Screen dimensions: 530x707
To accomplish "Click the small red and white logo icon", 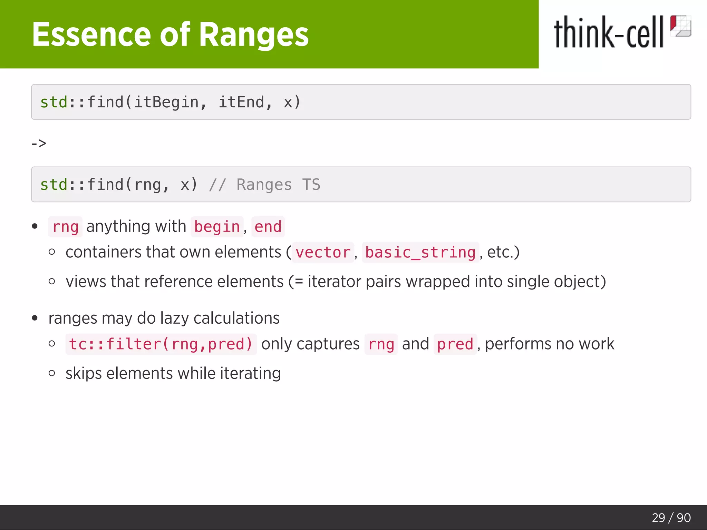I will pyautogui.click(x=680, y=26).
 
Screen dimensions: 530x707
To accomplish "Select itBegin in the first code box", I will pyautogui.click(x=166, y=102).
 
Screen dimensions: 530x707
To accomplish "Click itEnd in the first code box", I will pyautogui.click(x=241, y=102).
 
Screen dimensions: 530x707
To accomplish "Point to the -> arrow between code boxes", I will pyautogui.click(x=39, y=143).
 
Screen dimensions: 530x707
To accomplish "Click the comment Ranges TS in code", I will pyautogui.click(x=278, y=185).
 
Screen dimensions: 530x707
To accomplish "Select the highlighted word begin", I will pyautogui.click(x=217, y=227).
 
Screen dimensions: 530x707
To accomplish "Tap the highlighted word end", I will pyautogui.click(x=268, y=227).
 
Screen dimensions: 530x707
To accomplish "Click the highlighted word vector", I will pyautogui.click(x=323, y=252).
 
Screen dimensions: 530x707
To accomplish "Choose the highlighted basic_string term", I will pyautogui.click(x=420, y=252).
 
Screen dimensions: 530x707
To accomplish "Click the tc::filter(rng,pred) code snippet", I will pyautogui.click(x=161, y=344).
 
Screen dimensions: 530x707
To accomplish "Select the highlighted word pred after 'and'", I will pyautogui.click(x=455, y=344).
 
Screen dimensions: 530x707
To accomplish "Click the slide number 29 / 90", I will pyautogui.click(x=671, y=518).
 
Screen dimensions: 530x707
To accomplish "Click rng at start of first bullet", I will pyautogui.click(x=65, y=227).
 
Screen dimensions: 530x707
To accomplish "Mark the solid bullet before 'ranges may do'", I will pyautogui.click(x=35, y=318).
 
